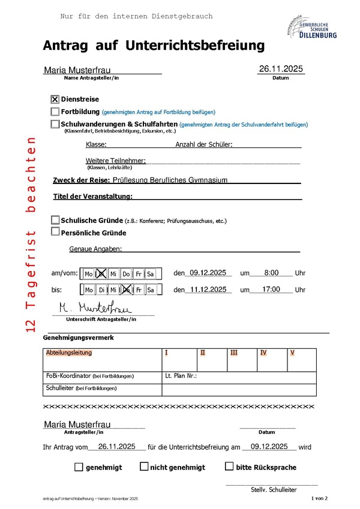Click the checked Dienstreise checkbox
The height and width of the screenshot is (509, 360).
[55, 100]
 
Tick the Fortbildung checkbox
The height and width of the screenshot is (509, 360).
[55, 112]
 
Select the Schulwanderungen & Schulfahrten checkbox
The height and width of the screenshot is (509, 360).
[55, 124]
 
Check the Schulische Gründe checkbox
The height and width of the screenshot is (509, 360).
[55, 220]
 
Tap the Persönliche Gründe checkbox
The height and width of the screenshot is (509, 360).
[55, 232]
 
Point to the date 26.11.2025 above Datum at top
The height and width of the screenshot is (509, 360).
[281, 70]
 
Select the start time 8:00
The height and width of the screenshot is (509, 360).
[271, 273]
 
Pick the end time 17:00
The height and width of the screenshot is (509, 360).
[271, 290]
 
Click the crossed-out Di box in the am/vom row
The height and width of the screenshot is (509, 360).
[101, 274]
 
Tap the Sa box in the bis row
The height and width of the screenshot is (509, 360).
[151, 290]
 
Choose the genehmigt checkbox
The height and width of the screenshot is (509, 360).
[79, 466]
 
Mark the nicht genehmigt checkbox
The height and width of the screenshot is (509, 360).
[144, 466]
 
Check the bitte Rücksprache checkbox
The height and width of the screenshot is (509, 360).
[229, 466]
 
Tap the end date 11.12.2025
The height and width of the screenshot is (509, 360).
[207, 290]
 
